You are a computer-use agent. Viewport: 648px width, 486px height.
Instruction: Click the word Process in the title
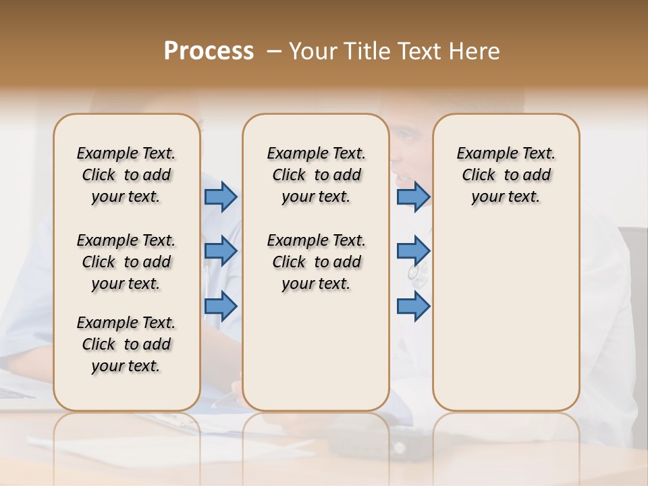pyautogui.click(x=208, y=51)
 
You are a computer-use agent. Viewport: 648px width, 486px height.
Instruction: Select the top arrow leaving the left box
pyautogui.click(x=221, y=196)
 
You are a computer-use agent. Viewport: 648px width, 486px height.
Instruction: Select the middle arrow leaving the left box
pyautogui.click(x=221, y=251)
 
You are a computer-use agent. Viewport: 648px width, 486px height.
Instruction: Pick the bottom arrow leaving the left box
pyautogui.click(x=221, y=306)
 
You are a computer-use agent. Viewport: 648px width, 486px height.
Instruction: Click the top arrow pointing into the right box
pyautogui.click(x=413, y=196)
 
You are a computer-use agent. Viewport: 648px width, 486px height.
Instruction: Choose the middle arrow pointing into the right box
pyautogui.click(x=413, y=251)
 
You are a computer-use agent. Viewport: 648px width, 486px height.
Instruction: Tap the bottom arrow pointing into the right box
pyautogui.click(x=413, y=306)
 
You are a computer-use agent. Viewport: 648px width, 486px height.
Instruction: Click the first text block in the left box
pyautogui.click(x=126, y=175)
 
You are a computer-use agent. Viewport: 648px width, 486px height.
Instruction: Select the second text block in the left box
pyautogui.click(x=126, y=262)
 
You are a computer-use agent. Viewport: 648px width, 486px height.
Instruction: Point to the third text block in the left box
pyautogui.click(x=126, y=344)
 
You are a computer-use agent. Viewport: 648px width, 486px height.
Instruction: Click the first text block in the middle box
pyautogui.click(x=316, y=175)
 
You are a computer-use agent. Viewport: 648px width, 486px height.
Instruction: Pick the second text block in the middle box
pyautogui.click(x=316, y=262)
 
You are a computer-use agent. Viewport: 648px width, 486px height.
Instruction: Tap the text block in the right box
pyautogui.click(x=506, y=175)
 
